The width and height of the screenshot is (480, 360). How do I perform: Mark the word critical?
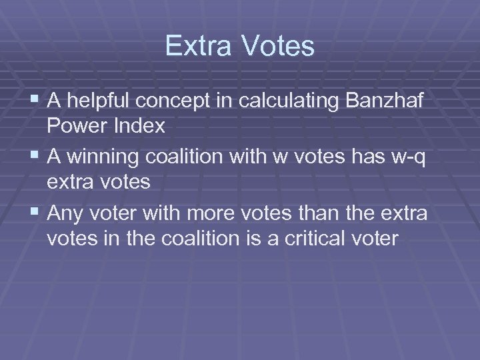tap(321, 239)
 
